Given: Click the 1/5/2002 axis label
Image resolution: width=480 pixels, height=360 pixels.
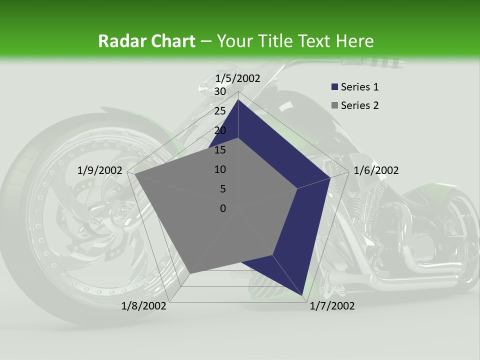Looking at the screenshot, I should click(238, 78).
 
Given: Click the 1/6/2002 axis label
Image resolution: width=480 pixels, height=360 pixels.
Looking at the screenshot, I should click(376, 170).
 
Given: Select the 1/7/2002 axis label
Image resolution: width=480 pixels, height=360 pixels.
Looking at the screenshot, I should click(332, 306).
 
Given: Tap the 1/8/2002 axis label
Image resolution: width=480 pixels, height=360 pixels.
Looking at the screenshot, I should click(144, 306).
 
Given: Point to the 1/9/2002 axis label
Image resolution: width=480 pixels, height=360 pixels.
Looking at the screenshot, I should click(100, 170).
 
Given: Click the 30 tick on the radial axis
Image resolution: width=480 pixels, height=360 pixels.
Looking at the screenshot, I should click(219, 91).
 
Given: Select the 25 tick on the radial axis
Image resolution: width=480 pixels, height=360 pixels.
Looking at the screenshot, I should click(219, 111).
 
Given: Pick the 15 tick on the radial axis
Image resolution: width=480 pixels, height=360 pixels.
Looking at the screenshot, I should click(219, 150).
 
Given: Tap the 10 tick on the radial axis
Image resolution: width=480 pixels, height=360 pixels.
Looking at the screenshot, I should click(219, 169).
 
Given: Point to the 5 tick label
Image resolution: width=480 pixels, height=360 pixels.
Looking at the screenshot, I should click(222, 189).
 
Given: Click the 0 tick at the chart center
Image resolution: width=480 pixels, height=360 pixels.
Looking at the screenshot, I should click(222, 208).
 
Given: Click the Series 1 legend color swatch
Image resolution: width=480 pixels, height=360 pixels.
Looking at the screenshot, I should click(334, 87).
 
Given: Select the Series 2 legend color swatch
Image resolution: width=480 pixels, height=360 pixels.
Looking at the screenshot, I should click(334, 105).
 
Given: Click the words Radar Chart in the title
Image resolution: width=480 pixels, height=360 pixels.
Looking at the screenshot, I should click(146, 41).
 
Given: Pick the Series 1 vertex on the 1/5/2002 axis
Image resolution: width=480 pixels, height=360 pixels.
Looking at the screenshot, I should click(238, 99).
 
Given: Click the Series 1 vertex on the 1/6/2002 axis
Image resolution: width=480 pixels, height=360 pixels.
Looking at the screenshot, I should click(330, 177).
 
